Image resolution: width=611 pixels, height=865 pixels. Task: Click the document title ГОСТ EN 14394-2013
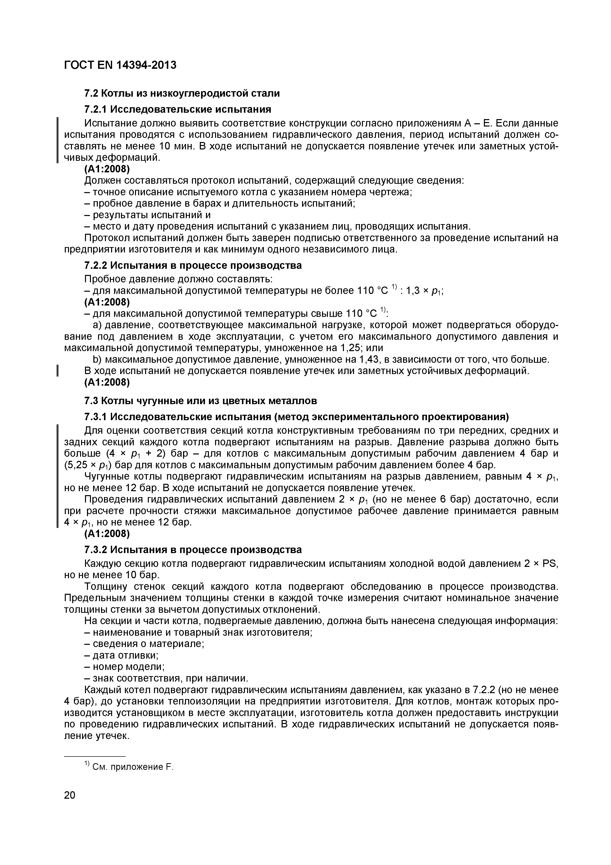point(120,65)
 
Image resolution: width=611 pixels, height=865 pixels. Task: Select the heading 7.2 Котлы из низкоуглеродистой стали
point(182,93)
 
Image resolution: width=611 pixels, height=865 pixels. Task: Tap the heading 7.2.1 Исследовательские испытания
point(177,109)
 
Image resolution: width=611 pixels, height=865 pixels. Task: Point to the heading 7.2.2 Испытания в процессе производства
point(193,265)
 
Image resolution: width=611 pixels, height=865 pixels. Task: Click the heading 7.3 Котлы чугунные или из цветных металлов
point(200,400)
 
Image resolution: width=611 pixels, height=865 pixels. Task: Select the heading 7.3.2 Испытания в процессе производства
point(193,550)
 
